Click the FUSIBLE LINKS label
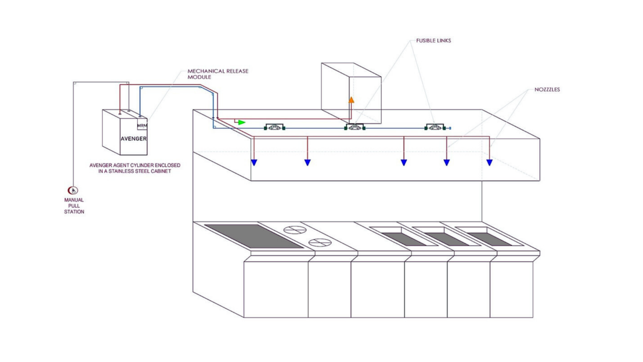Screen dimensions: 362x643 pos(433,41)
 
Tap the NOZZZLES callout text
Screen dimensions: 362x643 pos(547,90)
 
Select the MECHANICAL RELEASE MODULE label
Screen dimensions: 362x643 pos(218,74)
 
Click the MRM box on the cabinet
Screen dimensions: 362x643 pos(142,125)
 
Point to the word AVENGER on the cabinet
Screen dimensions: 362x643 pos(134,139)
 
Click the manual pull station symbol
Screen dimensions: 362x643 pos(73,191)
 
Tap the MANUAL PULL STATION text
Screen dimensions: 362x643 pos(74,206)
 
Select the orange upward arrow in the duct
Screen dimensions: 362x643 pos(351,100)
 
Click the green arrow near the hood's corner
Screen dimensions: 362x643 pos(242,122)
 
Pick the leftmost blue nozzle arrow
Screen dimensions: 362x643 pos(254,163)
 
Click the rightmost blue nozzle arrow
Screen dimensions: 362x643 pos(489,163)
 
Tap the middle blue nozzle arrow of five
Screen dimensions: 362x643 pos(404,163)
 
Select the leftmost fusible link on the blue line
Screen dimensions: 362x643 pos(275,127)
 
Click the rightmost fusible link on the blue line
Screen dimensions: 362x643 pos(435,127)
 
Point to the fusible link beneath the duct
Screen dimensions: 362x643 pos(355,127)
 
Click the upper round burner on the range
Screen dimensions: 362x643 pos(295,230)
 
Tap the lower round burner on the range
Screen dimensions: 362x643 pos(320,242)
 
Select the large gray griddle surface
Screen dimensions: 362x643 pos(254,236)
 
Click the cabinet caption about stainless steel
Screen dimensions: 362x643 pos(135,168)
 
